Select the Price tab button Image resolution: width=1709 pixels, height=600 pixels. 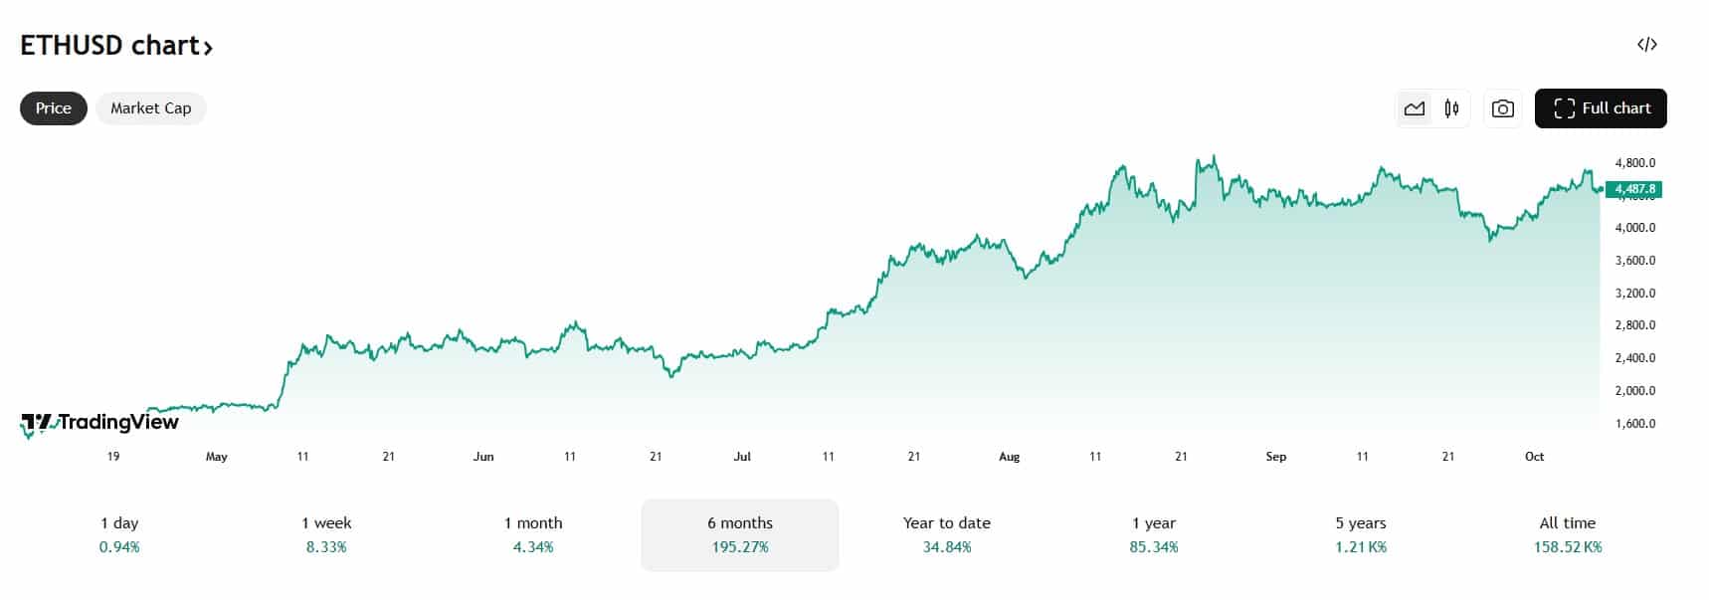click(x=54, y=108)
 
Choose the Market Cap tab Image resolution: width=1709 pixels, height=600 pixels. click(x=150, y=108)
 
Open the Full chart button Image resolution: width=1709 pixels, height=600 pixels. click(x=1601, y=108)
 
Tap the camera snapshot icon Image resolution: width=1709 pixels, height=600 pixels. click(x=1502, y=108)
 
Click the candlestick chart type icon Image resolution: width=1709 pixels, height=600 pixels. click(x=1451, y=108)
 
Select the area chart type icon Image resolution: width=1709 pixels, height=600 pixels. click(x=1415, y=108)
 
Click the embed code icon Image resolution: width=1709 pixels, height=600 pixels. click(x=1646, y=45)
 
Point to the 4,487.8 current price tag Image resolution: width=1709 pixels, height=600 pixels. click(x=1634, y=189)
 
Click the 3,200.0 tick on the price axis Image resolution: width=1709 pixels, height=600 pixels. click(x=1635, y=294)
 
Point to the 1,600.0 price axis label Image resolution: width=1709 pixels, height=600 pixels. click(x=1635, y=424)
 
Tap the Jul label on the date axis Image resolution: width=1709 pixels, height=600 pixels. click(x=742, y=457)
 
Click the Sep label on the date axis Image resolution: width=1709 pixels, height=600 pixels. click(x=1276, y=457)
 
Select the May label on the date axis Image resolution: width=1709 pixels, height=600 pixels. click(x=216, y=457)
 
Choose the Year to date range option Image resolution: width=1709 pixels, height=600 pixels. click(x=947, y=523)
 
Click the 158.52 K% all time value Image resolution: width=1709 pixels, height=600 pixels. click(x=1568, y=547)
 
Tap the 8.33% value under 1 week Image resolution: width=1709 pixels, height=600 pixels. click(x=326, y=547)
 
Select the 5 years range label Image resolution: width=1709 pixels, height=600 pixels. click(x=1361, y=523)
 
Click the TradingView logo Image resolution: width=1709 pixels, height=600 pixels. click(x=100, y=423)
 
